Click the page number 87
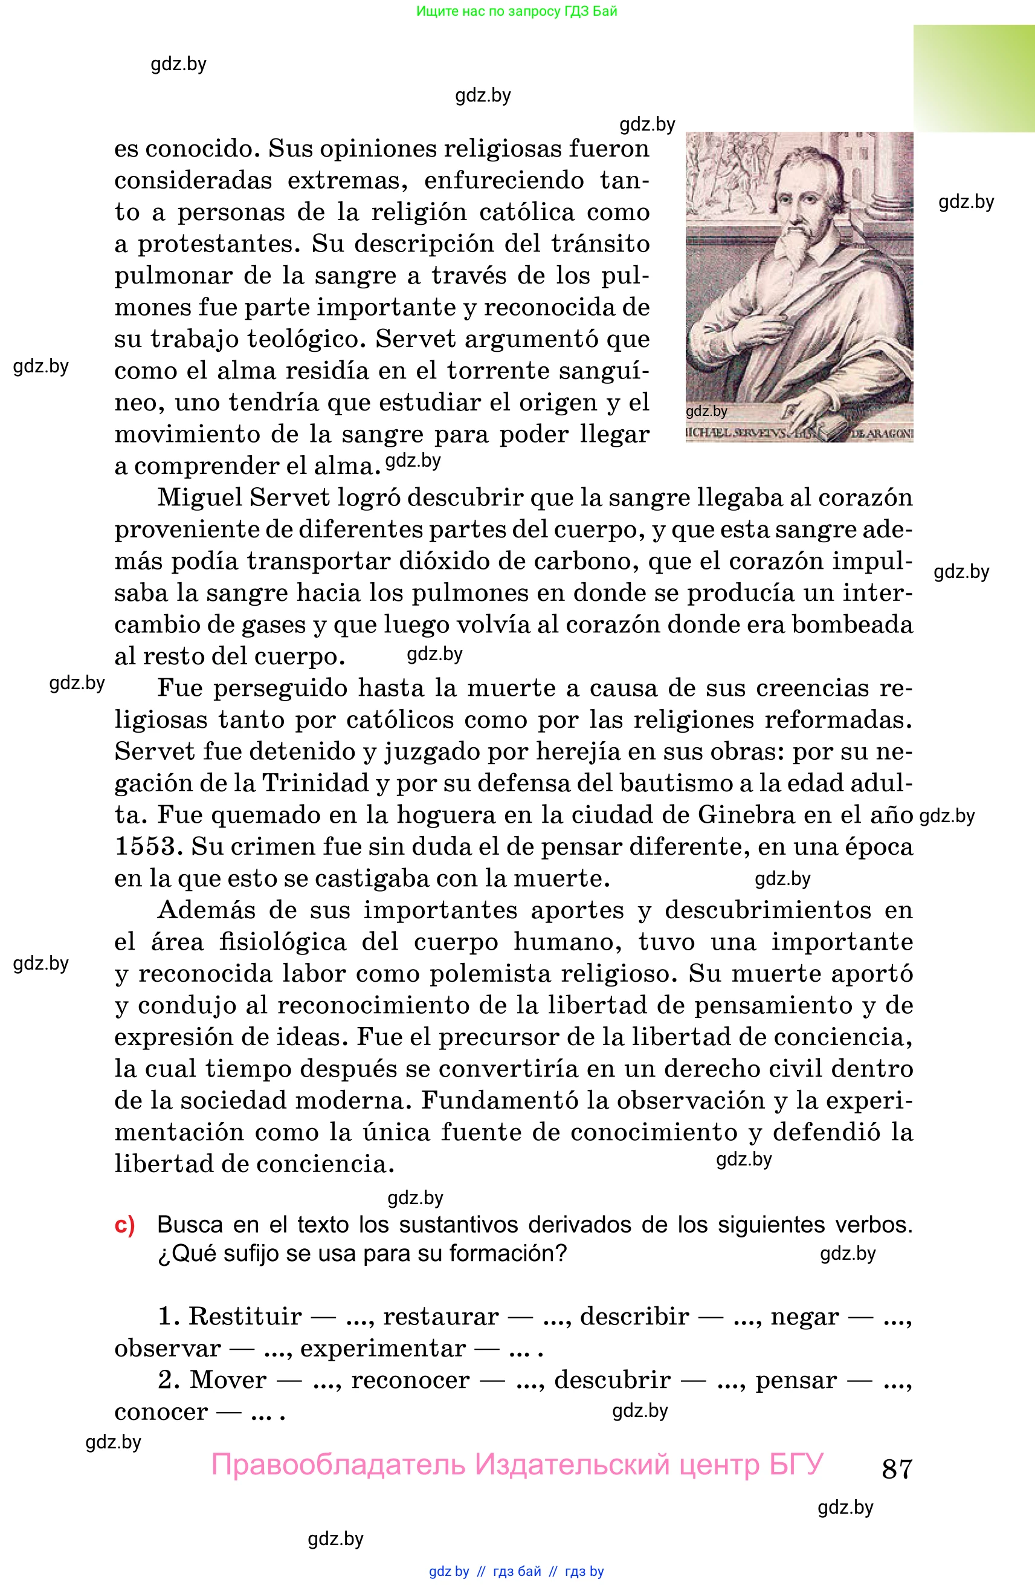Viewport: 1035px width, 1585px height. tap(897, 1468)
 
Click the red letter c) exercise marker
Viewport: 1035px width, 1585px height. tap(124, 1225)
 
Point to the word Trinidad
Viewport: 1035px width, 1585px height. tap(316, 783)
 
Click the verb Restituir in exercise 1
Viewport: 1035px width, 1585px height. tap(245, 1316)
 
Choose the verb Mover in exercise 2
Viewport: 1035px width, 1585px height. tap(228, 1379)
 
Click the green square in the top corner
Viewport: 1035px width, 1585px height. tap(974, 79)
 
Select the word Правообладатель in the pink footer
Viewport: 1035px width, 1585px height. tap(338, 1465)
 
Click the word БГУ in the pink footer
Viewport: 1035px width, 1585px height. tap(796, 1465)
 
